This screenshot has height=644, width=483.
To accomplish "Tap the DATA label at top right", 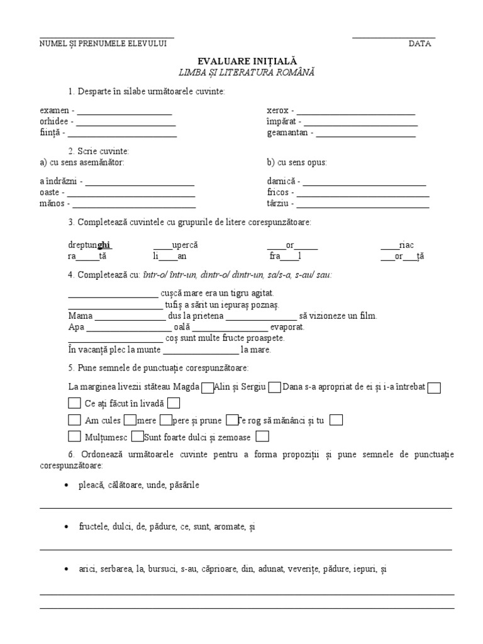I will point(419,43).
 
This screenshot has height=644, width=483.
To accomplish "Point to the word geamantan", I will point(287,133).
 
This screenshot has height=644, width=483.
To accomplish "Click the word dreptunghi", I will point(90,245).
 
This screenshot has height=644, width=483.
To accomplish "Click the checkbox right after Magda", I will point(207,388).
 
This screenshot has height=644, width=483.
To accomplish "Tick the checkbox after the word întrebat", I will point(433,388).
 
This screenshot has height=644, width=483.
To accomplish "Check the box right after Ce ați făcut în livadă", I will point(174,403).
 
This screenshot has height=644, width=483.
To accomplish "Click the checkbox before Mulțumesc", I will point(74,436).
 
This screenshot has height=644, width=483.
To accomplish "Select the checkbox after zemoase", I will point(263,436).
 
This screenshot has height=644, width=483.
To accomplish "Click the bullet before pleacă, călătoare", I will point(67,486).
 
